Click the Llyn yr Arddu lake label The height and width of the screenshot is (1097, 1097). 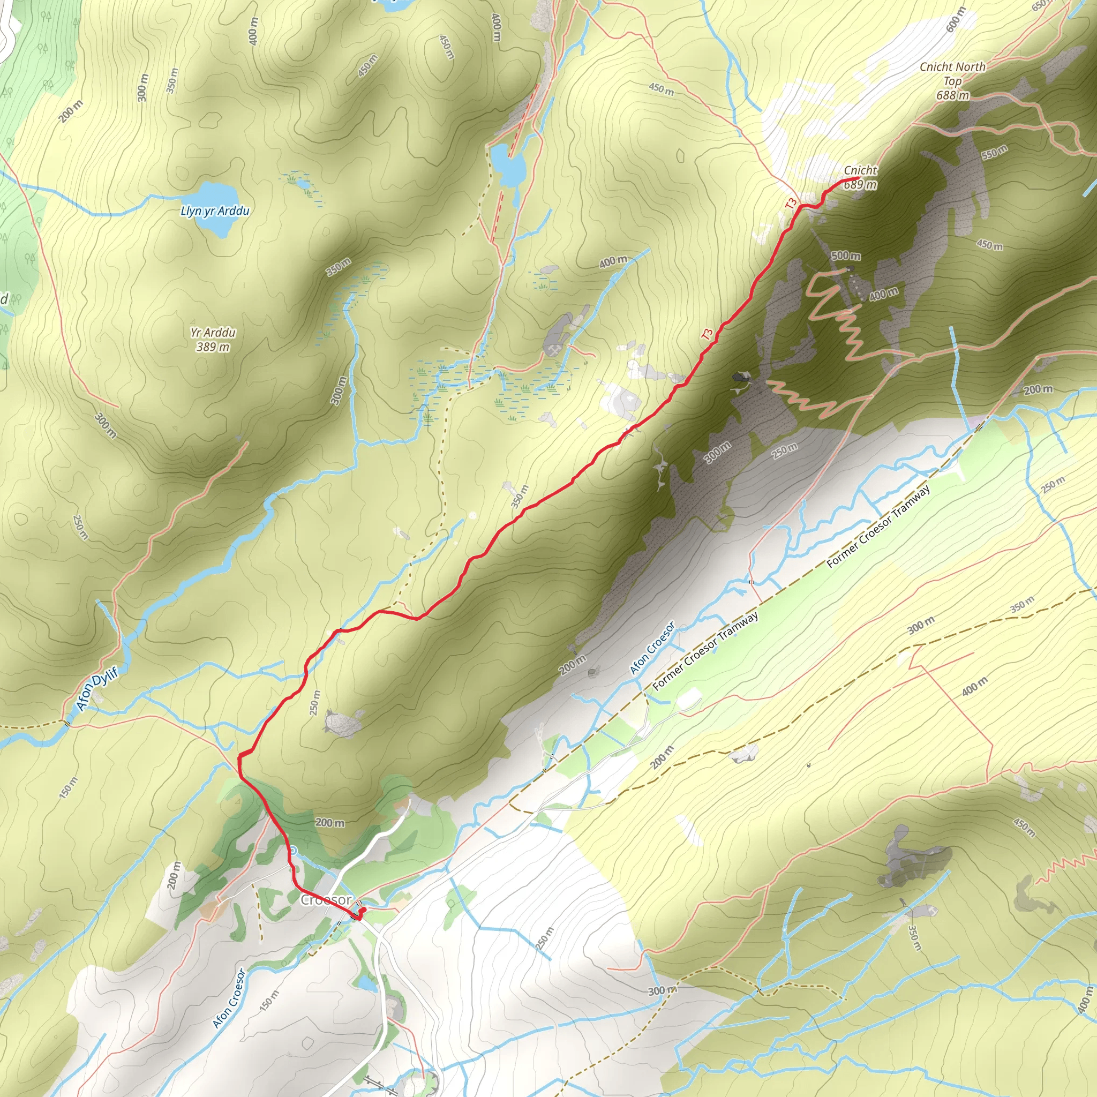215,211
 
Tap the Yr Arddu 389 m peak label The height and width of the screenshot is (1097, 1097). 213,339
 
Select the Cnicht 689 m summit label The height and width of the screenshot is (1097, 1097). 860,177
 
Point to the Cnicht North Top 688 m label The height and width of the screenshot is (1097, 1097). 952,81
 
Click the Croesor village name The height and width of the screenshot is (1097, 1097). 326,900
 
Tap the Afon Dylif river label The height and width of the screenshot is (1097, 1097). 97,688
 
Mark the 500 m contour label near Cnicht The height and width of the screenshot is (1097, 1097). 845,256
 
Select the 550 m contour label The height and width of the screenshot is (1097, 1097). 994,152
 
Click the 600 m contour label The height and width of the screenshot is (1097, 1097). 956,20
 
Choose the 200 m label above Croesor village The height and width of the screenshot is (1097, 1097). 330,822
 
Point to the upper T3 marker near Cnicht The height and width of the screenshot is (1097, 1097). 792,202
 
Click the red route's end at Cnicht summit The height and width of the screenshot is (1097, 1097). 856,179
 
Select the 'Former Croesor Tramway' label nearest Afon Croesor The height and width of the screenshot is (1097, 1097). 705,651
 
